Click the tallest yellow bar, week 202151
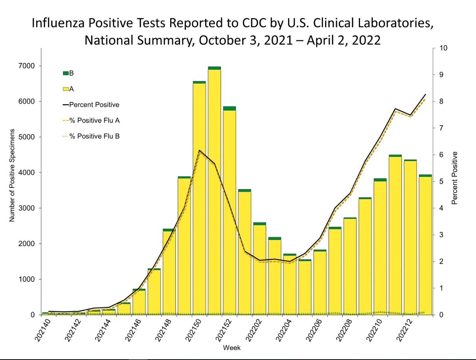214,193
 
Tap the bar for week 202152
230,212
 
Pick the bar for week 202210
380,248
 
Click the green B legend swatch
66,73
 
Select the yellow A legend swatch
66,89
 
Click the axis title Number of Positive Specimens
12,175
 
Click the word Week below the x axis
232,348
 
